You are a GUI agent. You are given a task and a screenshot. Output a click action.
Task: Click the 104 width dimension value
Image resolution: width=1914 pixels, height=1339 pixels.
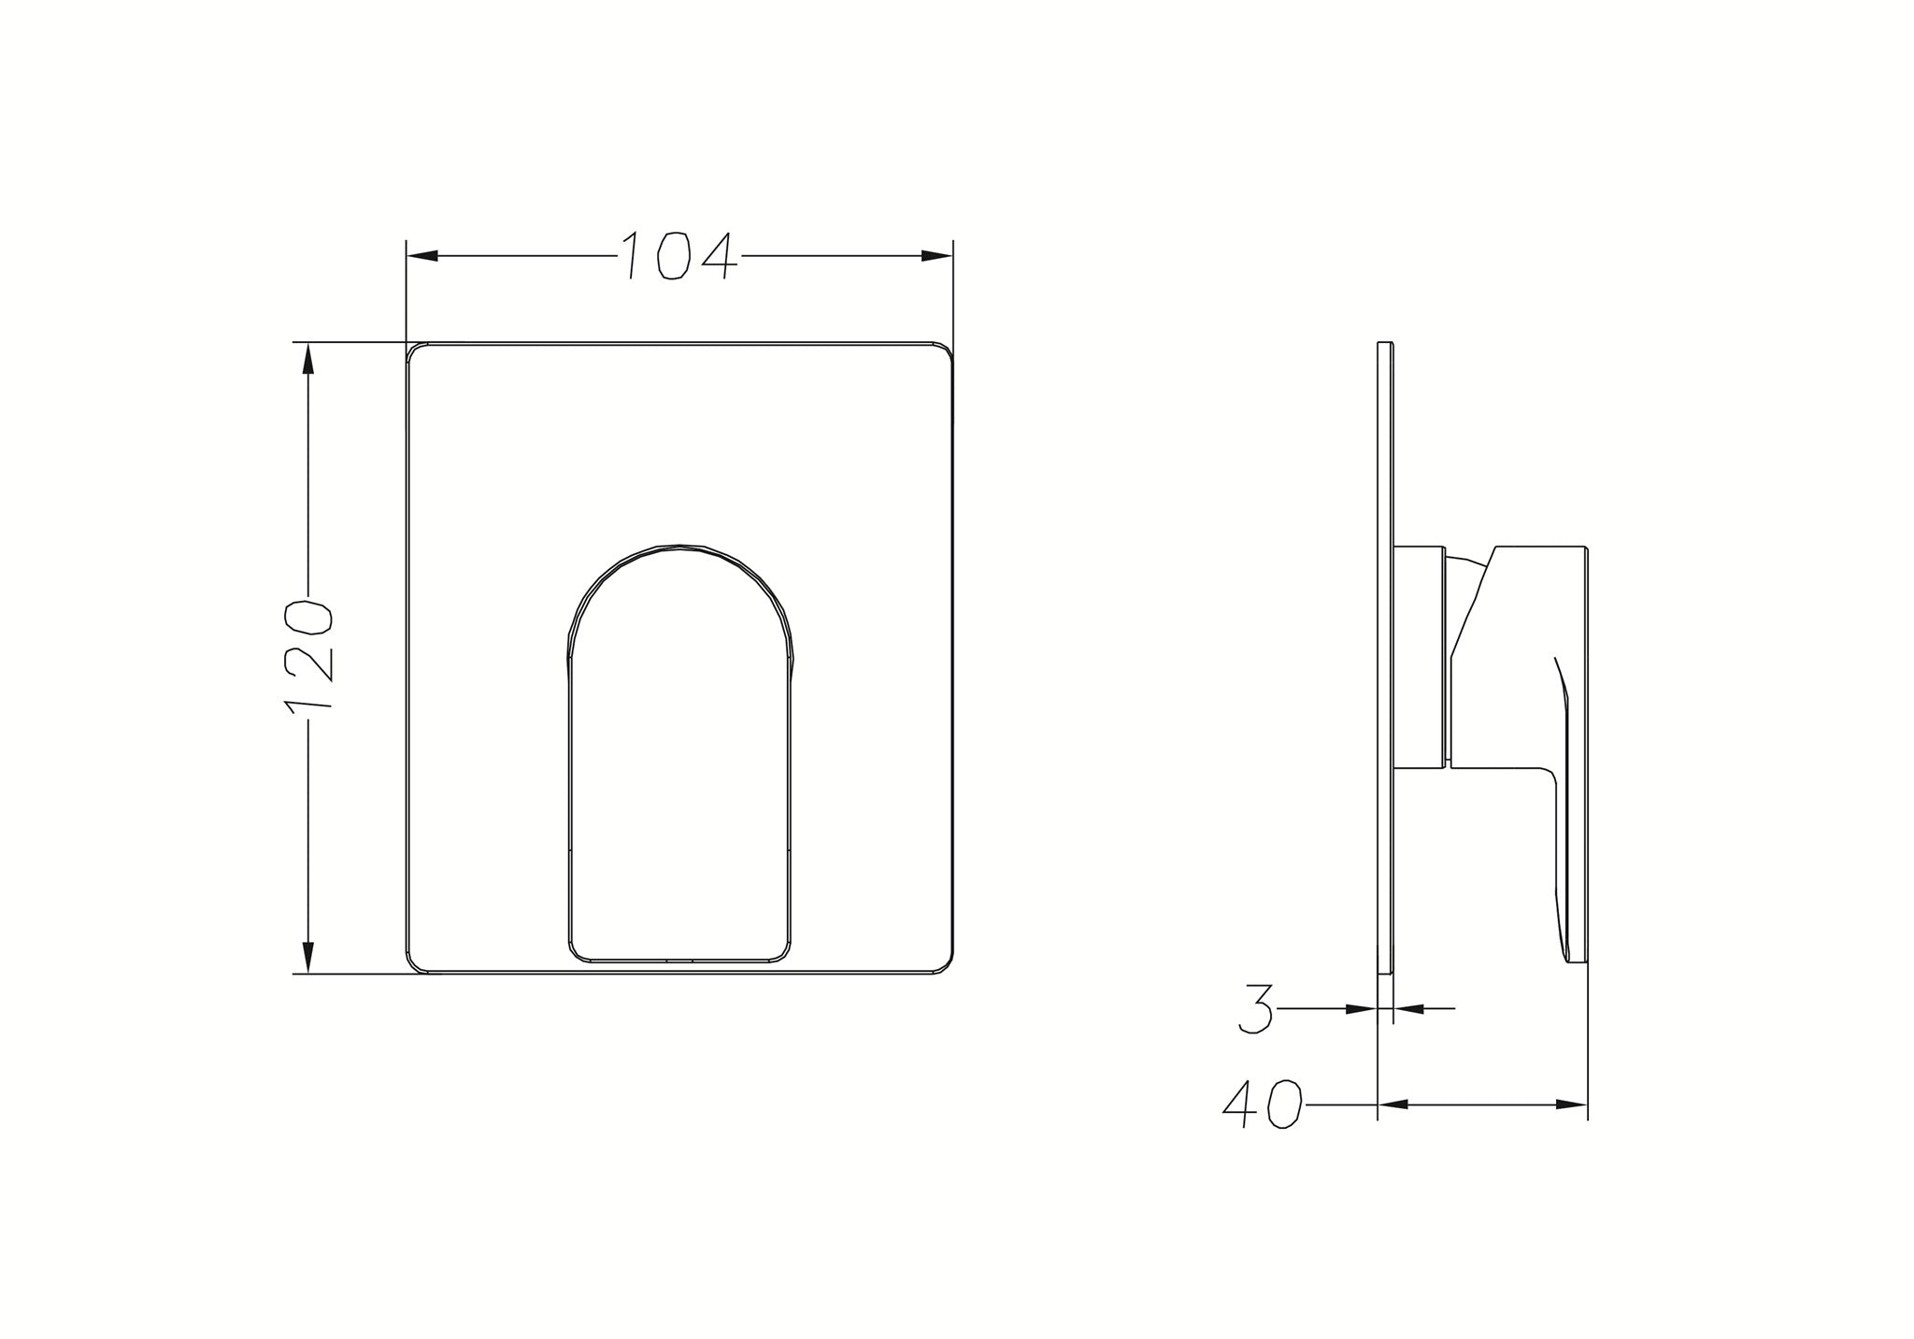678,255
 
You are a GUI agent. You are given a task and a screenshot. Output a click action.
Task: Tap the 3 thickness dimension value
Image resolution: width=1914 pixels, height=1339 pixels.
1257,1008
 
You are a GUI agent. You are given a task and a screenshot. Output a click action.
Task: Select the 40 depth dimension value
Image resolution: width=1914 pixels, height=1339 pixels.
1262,1105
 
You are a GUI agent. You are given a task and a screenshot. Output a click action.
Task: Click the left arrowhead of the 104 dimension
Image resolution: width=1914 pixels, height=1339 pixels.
422,256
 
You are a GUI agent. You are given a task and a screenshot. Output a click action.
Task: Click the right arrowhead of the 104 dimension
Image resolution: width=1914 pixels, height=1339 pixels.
936,256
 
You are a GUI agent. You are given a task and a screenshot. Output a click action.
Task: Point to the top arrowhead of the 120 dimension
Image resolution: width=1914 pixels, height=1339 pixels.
308,360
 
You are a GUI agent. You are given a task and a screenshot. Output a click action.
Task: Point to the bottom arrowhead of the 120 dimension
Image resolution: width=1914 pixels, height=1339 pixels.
308,958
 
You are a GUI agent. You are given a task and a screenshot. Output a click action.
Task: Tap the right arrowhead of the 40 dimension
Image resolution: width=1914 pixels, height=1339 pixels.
1572,1104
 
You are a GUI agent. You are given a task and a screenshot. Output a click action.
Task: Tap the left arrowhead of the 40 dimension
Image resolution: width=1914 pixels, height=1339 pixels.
1394,1104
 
